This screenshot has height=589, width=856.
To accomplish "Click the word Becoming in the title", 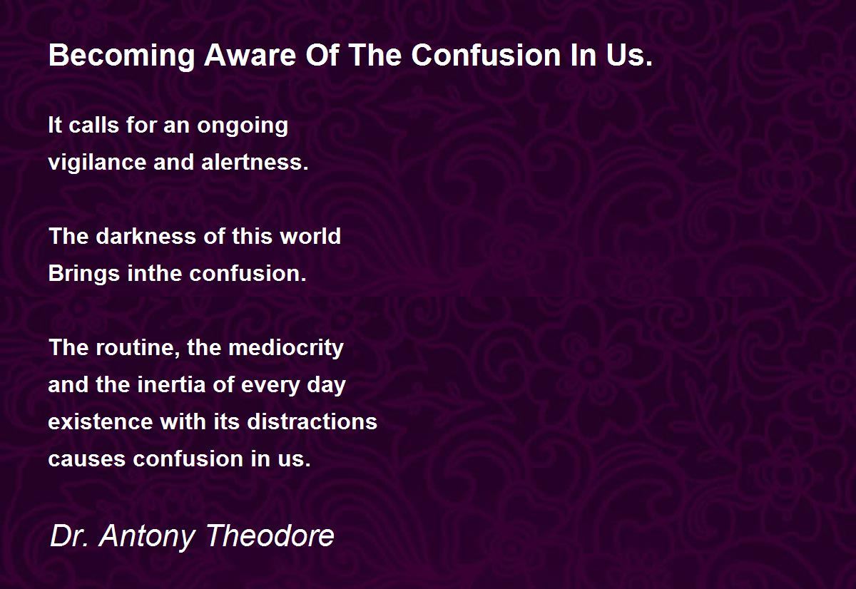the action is [x=122, y=56].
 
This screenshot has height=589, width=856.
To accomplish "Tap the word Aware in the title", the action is [x=250, y=56].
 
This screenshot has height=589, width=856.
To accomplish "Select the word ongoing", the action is [x=243, y=126].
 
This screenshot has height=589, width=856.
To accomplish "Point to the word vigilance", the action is [x=98, y=163].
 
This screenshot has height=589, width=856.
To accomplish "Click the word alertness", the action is [x=255, y=163].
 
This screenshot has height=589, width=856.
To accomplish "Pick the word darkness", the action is [x=146, y=236].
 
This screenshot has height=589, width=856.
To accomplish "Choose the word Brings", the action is [x=84, y=275].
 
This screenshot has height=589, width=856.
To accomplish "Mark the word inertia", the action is [x=172, y=384].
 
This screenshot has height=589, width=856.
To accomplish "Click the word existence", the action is [x=101, y=422].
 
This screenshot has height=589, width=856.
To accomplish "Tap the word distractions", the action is [x=312, y=421].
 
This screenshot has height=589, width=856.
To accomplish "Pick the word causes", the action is [x=87, y=459].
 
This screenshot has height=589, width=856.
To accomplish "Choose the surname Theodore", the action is [x=270, y=536].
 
